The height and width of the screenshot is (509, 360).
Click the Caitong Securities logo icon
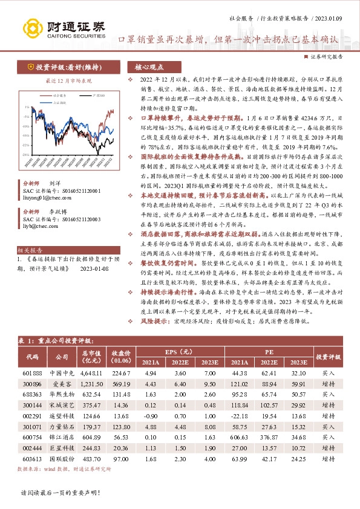point(30,28)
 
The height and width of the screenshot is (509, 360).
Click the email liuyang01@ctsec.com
point(42,195)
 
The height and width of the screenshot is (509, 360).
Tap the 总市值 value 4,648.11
point(91,374)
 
